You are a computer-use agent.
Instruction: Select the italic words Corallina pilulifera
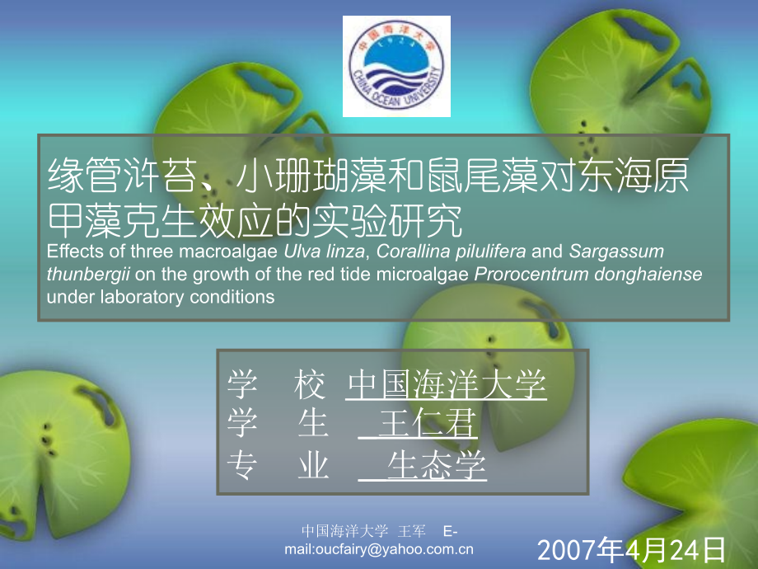tap(442, 252)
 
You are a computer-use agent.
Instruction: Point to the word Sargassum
tap(616, 252)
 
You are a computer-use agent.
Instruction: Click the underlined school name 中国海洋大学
tap(446, 384)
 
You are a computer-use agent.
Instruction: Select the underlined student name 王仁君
tap(428, 426)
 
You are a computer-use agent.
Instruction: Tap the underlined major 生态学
tap(437, 467)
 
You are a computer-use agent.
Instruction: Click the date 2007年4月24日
tap(632, 548)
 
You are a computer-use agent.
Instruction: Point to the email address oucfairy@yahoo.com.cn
tap(389, 550)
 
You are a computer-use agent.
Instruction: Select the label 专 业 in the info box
tap(278, 467)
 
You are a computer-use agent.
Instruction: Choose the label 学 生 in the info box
tap(278, 426)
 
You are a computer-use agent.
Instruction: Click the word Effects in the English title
tap(73, 252)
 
